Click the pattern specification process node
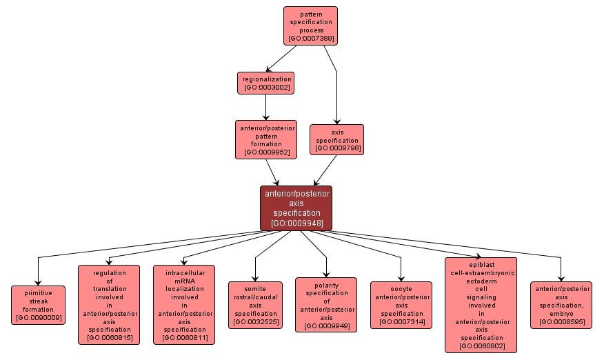[x=310, y=26]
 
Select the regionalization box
[x=265, y=83]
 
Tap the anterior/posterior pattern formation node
[x=266, y=139]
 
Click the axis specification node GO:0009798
[x=337, y=139]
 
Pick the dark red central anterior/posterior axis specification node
[x=296, y=208]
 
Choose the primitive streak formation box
[x=38, y=305]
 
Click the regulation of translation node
[x=109, y=304]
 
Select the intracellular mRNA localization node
[x=184, y=304]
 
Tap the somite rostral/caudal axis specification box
[x=255, y=304]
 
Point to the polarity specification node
[x=326, y=304]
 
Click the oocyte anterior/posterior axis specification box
[x=401, y=304]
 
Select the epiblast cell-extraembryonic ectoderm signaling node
[x=481, y=304]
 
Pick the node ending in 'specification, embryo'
[x=561, y=305]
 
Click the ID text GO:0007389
[x=311, y=39]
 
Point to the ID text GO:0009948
[x=296, y=223]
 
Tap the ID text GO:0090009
[x=38, y=318]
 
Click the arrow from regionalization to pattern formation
[x=265, y=107]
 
